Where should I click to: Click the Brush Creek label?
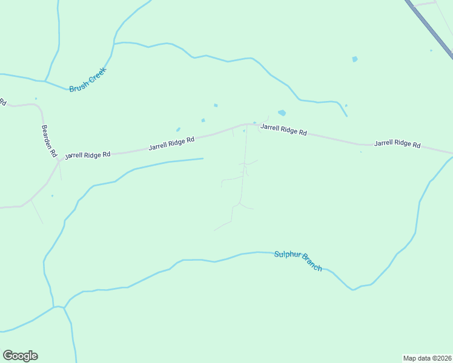[88, 79]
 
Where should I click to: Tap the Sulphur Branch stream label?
[298, 261]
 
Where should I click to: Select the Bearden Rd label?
[48, 142]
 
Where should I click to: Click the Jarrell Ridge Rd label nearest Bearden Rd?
[88, 155]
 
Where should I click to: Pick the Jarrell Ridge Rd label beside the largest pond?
[283, 129]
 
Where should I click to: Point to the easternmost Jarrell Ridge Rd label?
[397, 144]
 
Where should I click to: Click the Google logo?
[20, 356]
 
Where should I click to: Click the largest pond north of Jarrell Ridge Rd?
[282, 113]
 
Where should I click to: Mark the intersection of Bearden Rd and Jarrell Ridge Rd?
[59, 161]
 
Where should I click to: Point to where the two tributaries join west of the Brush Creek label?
[45, 80]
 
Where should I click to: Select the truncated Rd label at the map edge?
[2, 102]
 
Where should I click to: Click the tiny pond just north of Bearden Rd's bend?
[36, 99]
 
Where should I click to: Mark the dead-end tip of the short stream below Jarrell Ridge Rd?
[202, 159]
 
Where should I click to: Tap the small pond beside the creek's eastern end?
[346, 106]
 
